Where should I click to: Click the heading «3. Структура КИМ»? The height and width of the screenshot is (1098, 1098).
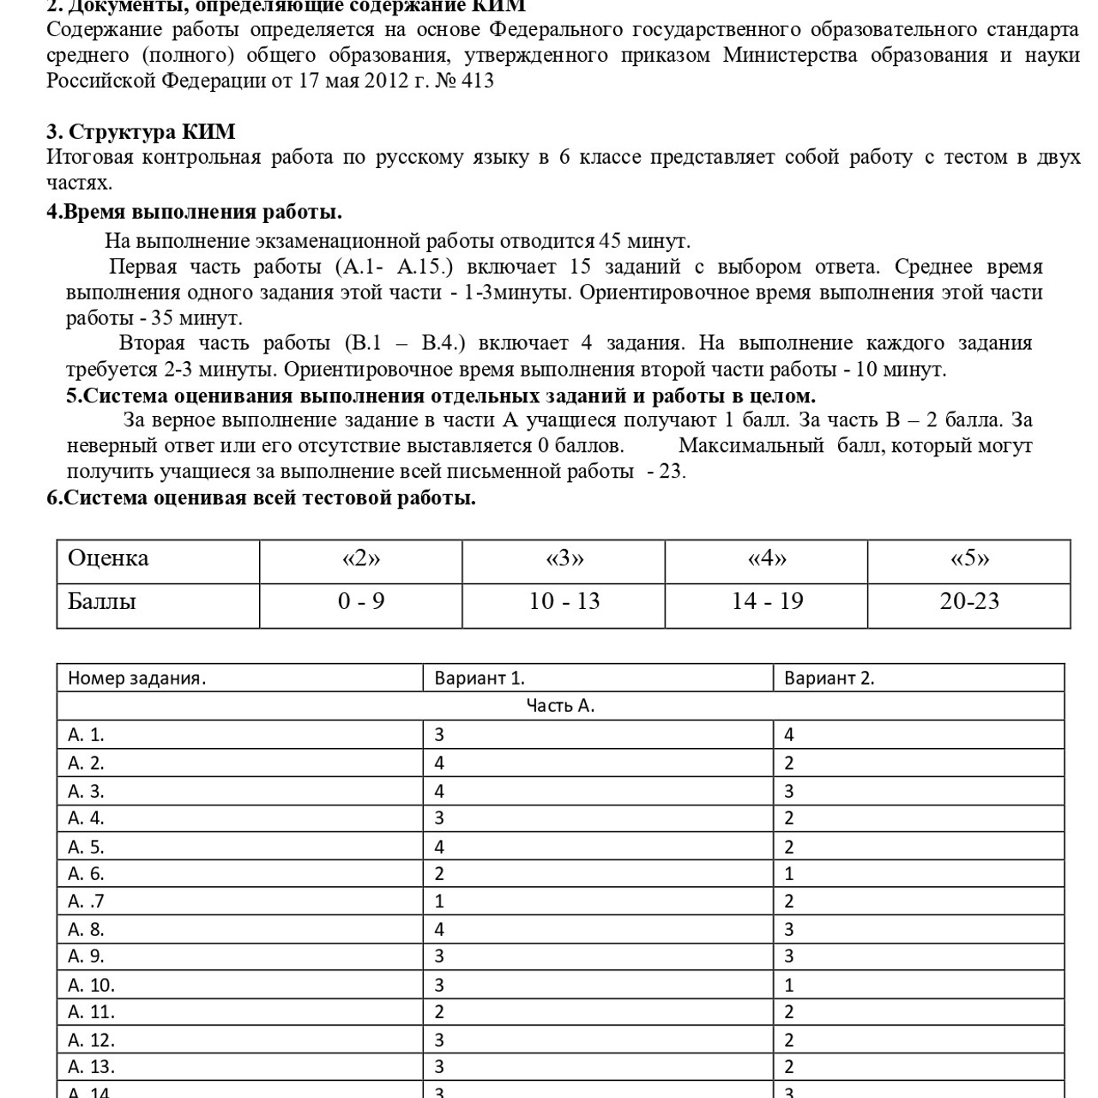[141, 132]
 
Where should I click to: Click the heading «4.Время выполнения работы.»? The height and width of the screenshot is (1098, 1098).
[194, 212]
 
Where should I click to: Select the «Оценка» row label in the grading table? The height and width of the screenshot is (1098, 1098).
[108, 558]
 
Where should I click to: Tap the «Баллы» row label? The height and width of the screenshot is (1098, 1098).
[102, 601]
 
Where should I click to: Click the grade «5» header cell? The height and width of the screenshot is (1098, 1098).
[969, 558]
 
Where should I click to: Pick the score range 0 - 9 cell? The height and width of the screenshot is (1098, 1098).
[361, 601]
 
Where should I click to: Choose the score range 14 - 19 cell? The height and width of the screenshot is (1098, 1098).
[767, 601]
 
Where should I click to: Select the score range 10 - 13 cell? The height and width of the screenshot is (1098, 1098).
[564, 601]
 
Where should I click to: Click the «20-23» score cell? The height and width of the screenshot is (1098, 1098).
[969, 601]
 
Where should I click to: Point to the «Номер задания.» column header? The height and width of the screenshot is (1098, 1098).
[137, 678]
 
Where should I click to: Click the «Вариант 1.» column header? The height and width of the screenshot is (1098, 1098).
[480, 678]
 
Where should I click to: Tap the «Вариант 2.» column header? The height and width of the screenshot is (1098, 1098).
[829, 678]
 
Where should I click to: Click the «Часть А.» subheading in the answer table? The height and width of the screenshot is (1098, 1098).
[560, 706]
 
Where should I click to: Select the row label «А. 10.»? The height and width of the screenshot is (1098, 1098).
[91, 985]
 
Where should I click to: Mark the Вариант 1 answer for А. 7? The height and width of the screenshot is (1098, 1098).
[439, 902]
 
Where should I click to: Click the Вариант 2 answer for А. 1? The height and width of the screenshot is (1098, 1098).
[789, 734]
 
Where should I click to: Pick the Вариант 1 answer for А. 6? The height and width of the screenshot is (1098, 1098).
[439, 874]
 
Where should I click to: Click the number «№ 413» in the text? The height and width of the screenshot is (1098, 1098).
[465, 81]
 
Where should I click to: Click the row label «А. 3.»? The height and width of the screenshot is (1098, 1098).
[86, 791]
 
